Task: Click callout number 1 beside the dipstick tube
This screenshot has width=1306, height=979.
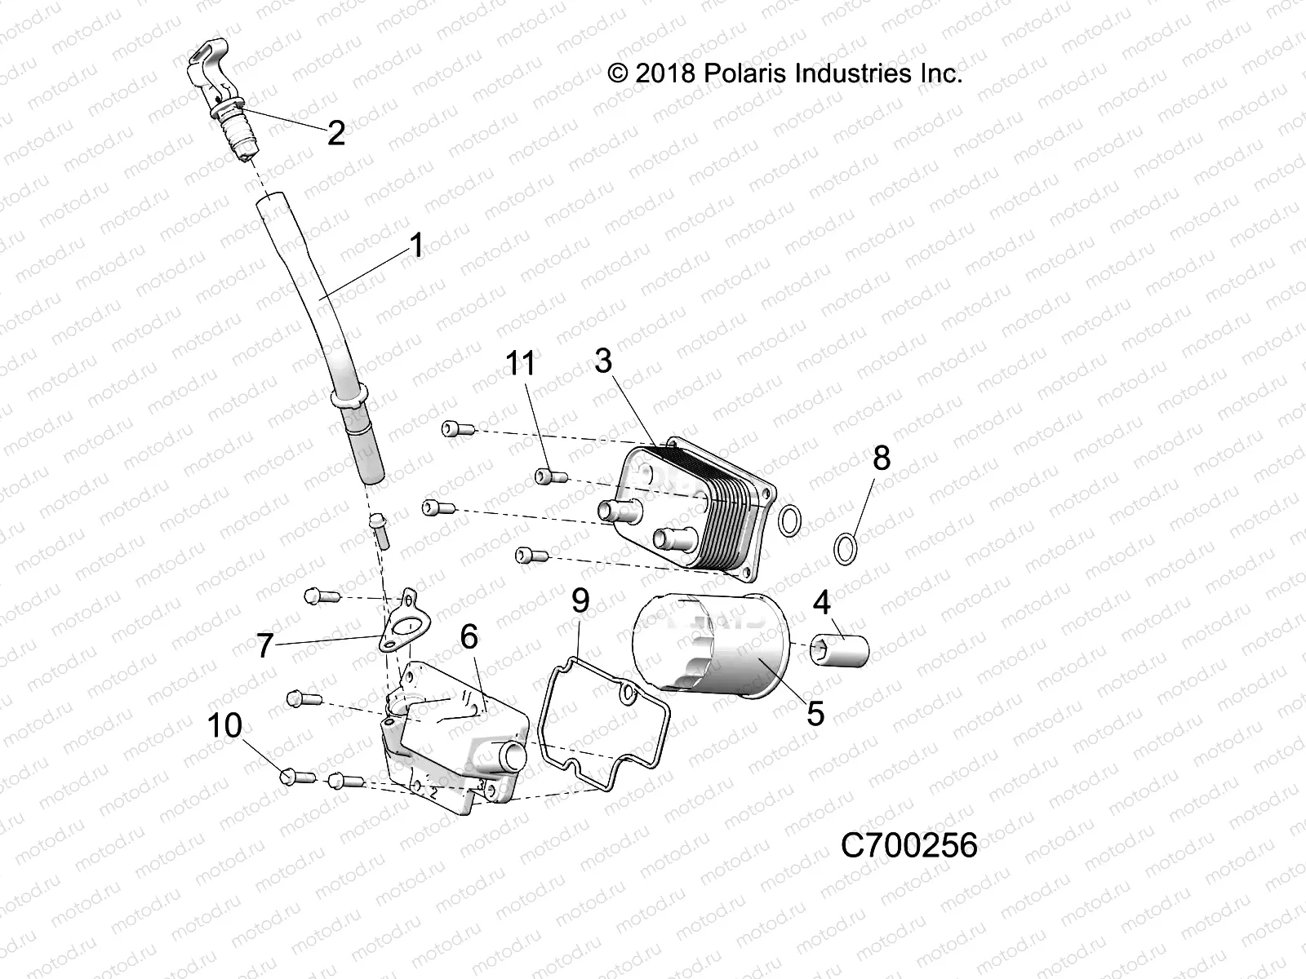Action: pyautogui.click(x=416, y=245)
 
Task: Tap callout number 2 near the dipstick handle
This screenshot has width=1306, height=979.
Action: pyautogui.click(x=335, y=133)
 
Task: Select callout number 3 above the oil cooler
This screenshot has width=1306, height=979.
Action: pyautogui.click(x=602, y=361)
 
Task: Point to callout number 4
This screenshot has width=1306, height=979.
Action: pyautogui.click(x=821, y=603)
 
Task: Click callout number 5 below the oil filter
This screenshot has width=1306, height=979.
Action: pyautogui.click(x=815, y=714)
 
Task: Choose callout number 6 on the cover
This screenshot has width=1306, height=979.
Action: pyautogui.click(x=469, y=637)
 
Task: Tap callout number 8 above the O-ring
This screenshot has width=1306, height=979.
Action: pyautogui.click(x=881, y=458)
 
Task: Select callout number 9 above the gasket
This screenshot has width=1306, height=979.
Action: pyautogui.click(x=580, y=601)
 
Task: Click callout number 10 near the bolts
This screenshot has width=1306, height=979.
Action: pyautogui.click(x=225, y=724)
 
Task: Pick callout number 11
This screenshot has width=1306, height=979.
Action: pyautogui.click(x=521, y=363)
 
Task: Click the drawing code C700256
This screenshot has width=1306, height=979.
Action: pyautogui.click(x=909, y=846)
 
